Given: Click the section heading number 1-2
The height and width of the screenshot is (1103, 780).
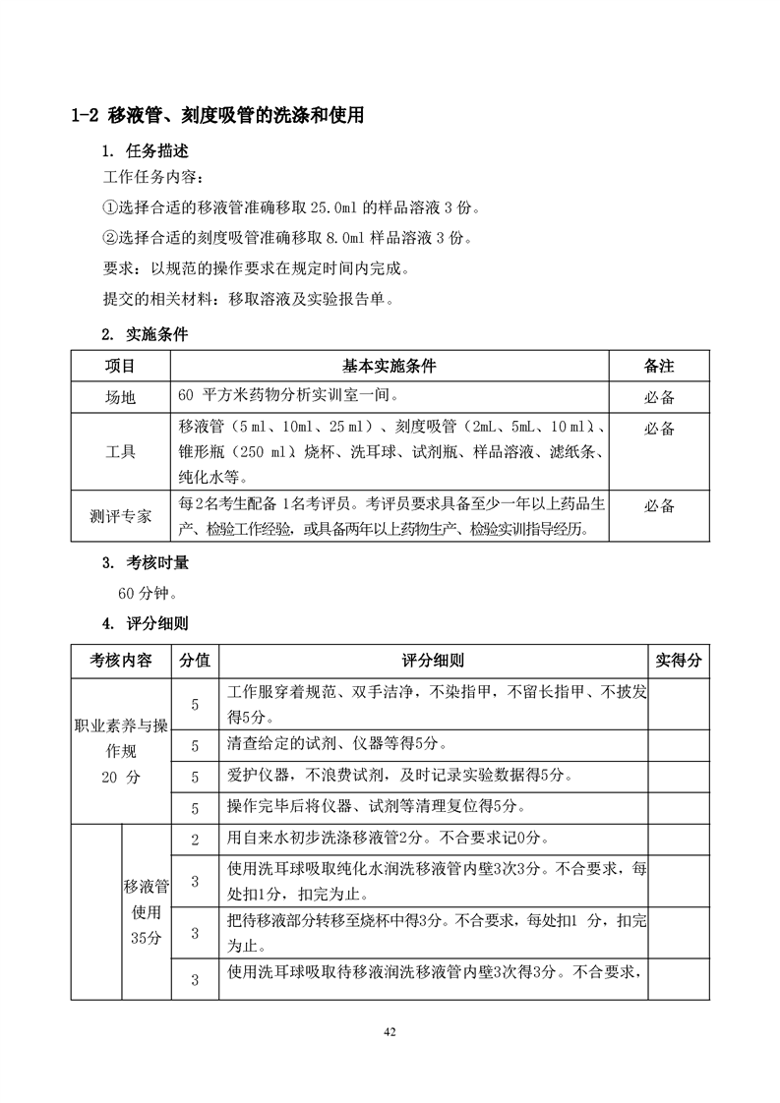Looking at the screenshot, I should (x=86, y=116).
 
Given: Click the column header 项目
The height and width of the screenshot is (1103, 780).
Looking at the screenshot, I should (x=120, y=366).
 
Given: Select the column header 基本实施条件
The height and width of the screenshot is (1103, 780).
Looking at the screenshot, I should (x=389, y=366).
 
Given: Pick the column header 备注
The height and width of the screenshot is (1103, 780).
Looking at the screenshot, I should (x=659, y=366).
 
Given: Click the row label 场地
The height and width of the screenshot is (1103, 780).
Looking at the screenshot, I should (x=120, y=398).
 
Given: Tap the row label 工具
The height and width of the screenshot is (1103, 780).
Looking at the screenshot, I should (x=120, y=452).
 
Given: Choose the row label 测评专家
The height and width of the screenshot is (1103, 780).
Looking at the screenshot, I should (x=120, y=516).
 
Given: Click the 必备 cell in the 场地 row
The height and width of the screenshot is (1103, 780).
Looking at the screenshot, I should (x=659, y=398).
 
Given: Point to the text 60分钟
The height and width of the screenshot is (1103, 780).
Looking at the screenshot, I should (x=148, y=593).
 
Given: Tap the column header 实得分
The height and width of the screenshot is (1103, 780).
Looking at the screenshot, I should (x=679, y=661).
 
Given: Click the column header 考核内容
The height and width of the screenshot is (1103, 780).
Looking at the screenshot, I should (x=121, y=661).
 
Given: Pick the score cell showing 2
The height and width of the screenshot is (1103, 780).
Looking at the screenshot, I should (x=195, y=839).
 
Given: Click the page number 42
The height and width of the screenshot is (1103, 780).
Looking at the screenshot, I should (x=390, y=1031).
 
